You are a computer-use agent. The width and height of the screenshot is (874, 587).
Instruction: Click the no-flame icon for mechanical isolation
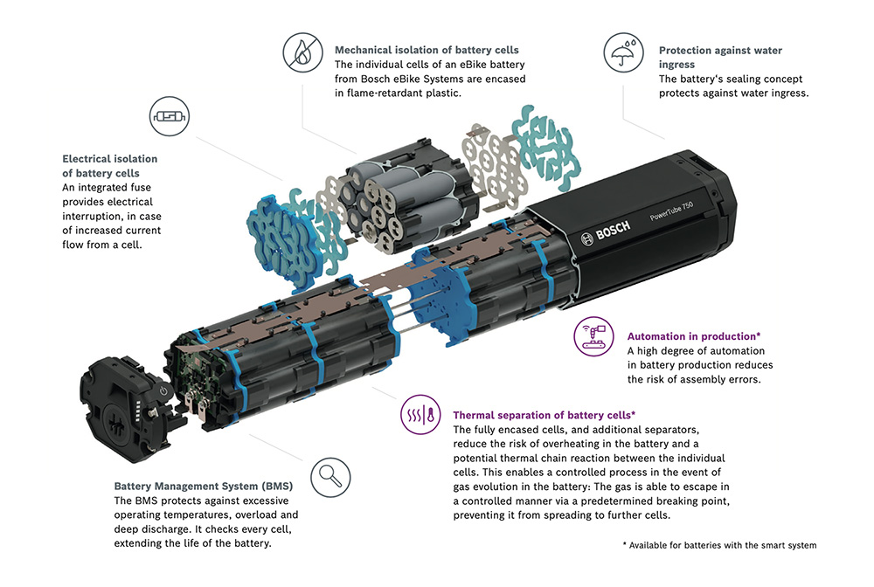click(x=302, y=53)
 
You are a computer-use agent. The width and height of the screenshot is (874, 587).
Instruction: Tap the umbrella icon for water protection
click(x=624, y=52)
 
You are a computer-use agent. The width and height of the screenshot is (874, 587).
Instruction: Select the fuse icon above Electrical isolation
click(x=170, y=116)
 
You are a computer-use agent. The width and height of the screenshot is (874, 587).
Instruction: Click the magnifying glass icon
click(x=330, y=477)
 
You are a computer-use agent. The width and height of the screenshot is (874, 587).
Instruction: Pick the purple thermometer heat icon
click(x=421, y=414)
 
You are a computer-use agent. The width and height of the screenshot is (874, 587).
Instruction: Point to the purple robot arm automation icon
click(x=593, y=335)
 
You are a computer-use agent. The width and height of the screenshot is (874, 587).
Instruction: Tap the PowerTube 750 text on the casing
click(x=671, y=211)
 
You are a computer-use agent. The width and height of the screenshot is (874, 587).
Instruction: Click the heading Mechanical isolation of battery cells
click(x=427, y=50)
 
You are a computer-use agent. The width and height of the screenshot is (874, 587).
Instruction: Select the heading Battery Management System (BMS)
click(x=204, y=487)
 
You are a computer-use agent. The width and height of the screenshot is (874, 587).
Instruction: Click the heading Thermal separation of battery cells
click(x=544, y=415)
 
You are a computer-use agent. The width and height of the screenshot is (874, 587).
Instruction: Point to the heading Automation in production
click(x=693, y=336)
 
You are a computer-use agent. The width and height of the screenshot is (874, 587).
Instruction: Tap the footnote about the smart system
click(x=719, y=545)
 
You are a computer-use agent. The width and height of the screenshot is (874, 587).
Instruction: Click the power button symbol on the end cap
click(x=163, y=390)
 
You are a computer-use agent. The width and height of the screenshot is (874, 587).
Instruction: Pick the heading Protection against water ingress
click(x=720, y=58)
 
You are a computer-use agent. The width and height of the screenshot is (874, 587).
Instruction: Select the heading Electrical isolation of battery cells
click(x=110, y=166)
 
